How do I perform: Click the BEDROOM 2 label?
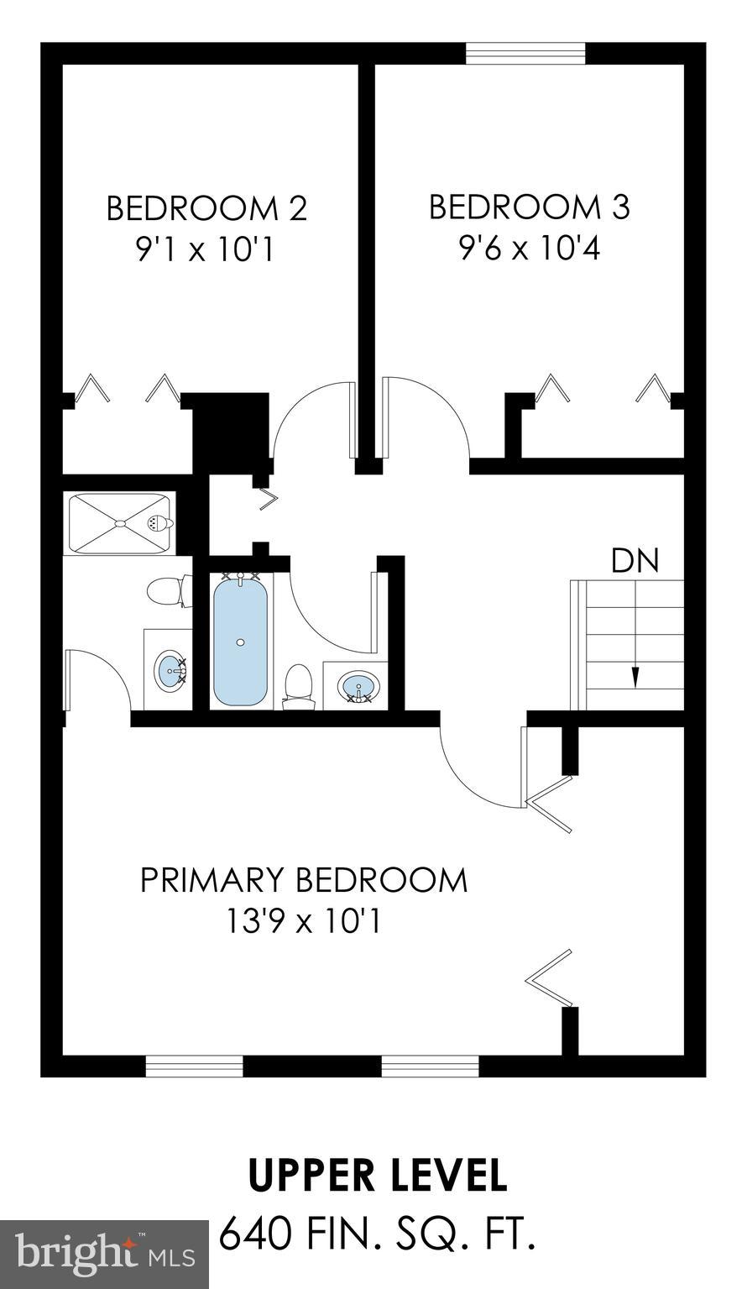click(206, 208)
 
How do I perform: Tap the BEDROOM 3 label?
click(529, 207)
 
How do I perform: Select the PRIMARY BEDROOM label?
click(303, 880)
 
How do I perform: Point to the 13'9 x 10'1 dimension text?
click(303, 922)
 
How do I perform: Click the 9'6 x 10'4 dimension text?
click(529, 249)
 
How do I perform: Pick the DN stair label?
click(635, 561)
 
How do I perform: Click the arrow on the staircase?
click(635, 674)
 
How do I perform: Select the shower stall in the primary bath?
click(119, 524)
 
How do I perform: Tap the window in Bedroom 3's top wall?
click(525, 53)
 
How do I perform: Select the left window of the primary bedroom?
click(194, 1066)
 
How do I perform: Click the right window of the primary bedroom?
click(430, 1066)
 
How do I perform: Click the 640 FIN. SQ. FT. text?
click(378, 1234)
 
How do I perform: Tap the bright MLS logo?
click(104, 1255)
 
